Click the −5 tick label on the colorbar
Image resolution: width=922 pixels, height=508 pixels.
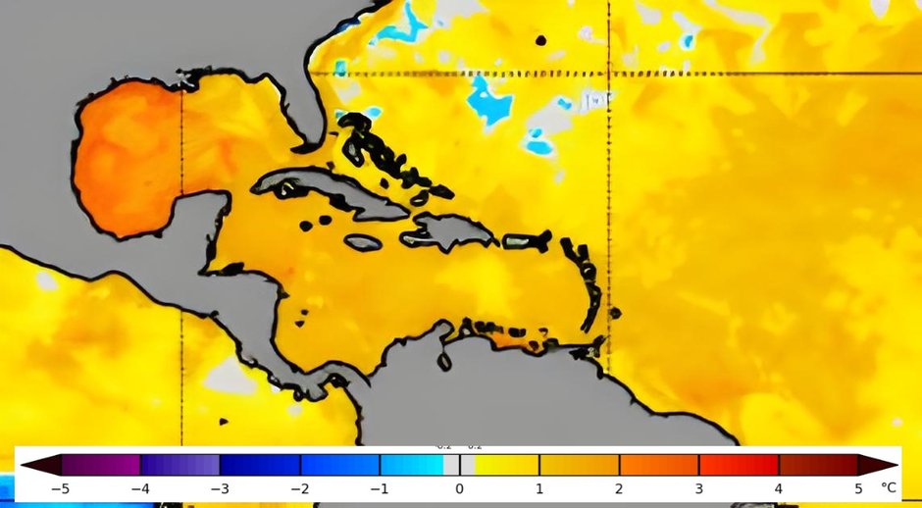point(60,487)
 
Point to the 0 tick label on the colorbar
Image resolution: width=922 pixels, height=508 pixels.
point(459,487)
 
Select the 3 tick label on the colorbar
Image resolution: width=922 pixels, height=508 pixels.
point(698,487)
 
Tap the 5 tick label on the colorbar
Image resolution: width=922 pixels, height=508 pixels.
point(858,487)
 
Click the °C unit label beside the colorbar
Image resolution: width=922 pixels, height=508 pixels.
point(888,487)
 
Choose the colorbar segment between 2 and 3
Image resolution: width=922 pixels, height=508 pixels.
point(658,464)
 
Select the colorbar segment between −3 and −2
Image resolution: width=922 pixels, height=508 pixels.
point(259,464)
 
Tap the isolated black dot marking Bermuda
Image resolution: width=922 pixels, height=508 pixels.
point(540,40)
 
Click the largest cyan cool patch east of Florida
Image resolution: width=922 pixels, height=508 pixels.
point(483,100)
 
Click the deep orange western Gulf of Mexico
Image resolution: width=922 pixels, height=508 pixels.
point(123,157)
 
